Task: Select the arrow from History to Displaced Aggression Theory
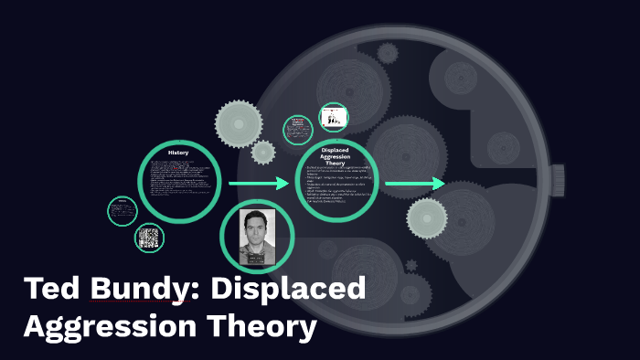pyautogui.click(x=259, y=185)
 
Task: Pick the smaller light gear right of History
pyautogui.click(x=263, y=152)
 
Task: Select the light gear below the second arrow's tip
pyautogui.click(x=426, y=217)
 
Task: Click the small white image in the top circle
pyautogui.click(x=333, y=118)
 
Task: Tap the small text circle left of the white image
pyautogui.click(x=298, y=129)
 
